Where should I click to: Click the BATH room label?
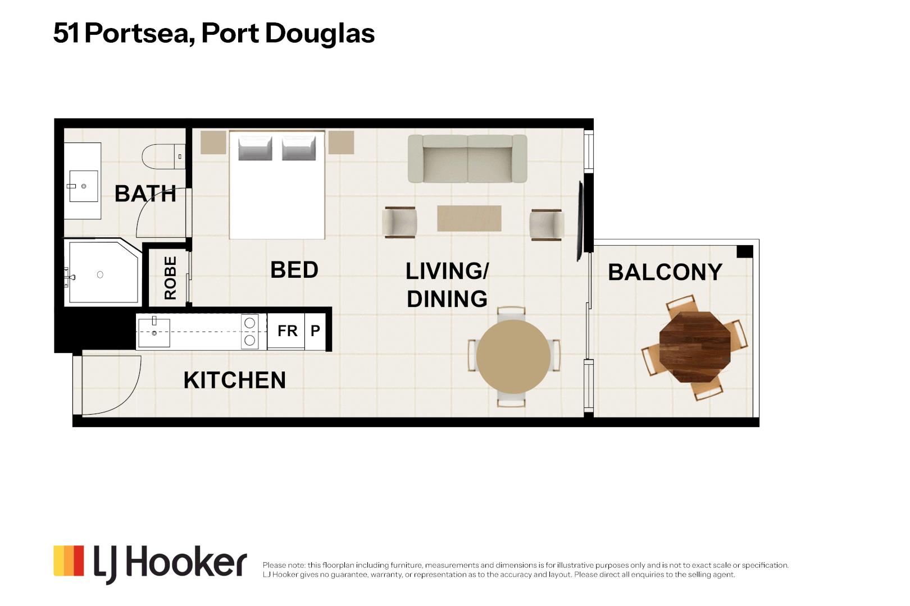(145, 194)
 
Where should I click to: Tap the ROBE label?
(170, 278)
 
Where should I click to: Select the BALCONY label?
(665, 272)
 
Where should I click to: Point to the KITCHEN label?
(234, 380)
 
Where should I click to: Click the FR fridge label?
(287, 331)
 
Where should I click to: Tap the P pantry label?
(315, 331)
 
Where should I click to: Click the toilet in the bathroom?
(163, 156)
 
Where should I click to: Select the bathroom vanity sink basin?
(83, 186)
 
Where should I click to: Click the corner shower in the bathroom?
(103, 272)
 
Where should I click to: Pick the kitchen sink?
(154, 333)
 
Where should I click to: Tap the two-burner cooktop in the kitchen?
(250, 332)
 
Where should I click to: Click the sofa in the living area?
(467, 159)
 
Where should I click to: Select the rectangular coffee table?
(469, 218)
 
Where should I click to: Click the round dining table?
(513, 357)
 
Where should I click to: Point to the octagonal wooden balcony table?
(695, 347)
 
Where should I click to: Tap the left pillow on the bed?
(255, 148)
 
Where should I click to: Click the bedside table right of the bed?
(342, 142)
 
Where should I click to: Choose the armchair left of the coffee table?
(400, 222)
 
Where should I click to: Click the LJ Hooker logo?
(150, 563)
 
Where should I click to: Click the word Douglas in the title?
(320, 34)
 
